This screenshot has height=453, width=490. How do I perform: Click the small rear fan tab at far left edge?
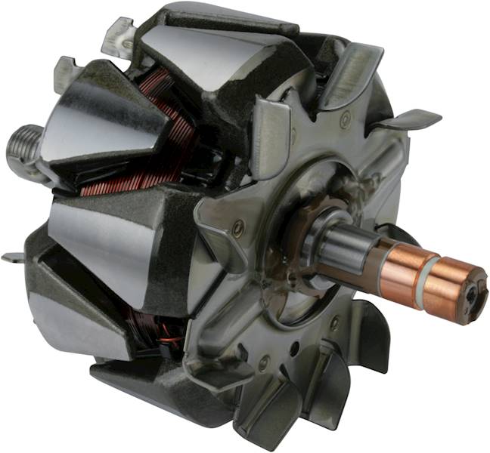12,257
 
